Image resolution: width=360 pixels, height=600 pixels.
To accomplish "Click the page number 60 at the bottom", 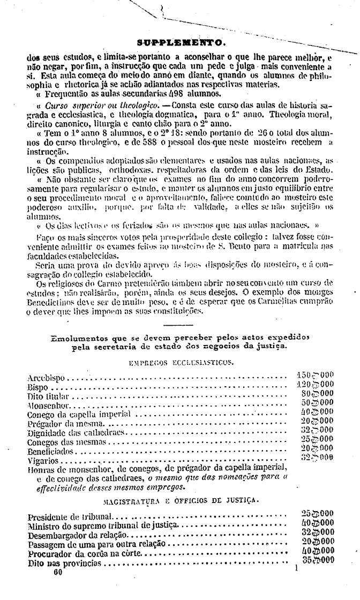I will tap(58, 572).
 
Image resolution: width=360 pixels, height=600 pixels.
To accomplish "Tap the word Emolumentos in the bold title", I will tap(82, 338).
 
